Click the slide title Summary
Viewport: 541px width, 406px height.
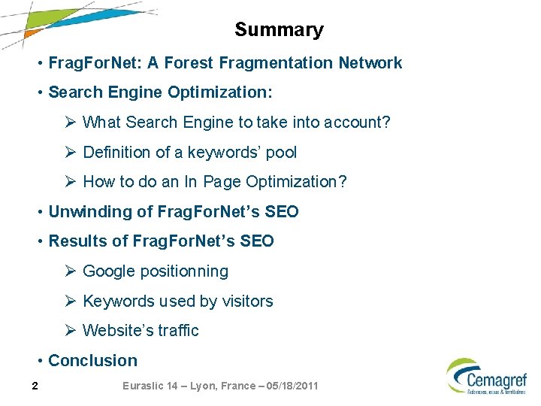(x=279, y=30)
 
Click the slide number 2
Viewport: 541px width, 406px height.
(x=35, y=386)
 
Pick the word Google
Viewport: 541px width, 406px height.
(x=110, y=271)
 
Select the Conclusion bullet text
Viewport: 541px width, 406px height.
(x=92, y=361)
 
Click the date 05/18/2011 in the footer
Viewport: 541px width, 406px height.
(x=289, y=386)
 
